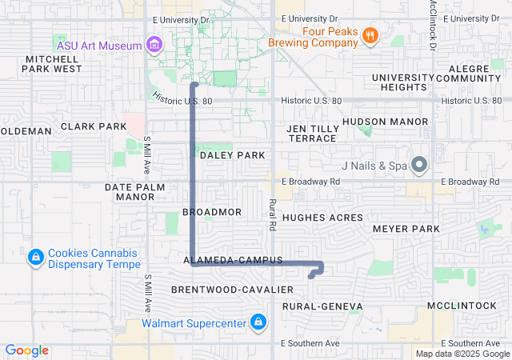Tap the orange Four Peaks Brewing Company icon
(x=369, y=35)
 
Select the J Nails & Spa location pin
(x=422, y=166)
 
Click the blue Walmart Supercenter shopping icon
(x=258, y=323)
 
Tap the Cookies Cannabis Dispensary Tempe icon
(x=35, y=258)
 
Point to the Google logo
(x=27, y=350)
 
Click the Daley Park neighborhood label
(x=232, y=154)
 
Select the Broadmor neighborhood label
(x=212, y=212)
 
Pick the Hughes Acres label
(x=322, y=218)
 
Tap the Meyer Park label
(x=406, y=229)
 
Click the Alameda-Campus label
(x=233, y=261)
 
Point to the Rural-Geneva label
(x=322, y=306)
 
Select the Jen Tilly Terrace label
(x=312, y=133)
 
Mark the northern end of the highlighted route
(x=194, y=84)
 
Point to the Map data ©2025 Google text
(x=462, y=353)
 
